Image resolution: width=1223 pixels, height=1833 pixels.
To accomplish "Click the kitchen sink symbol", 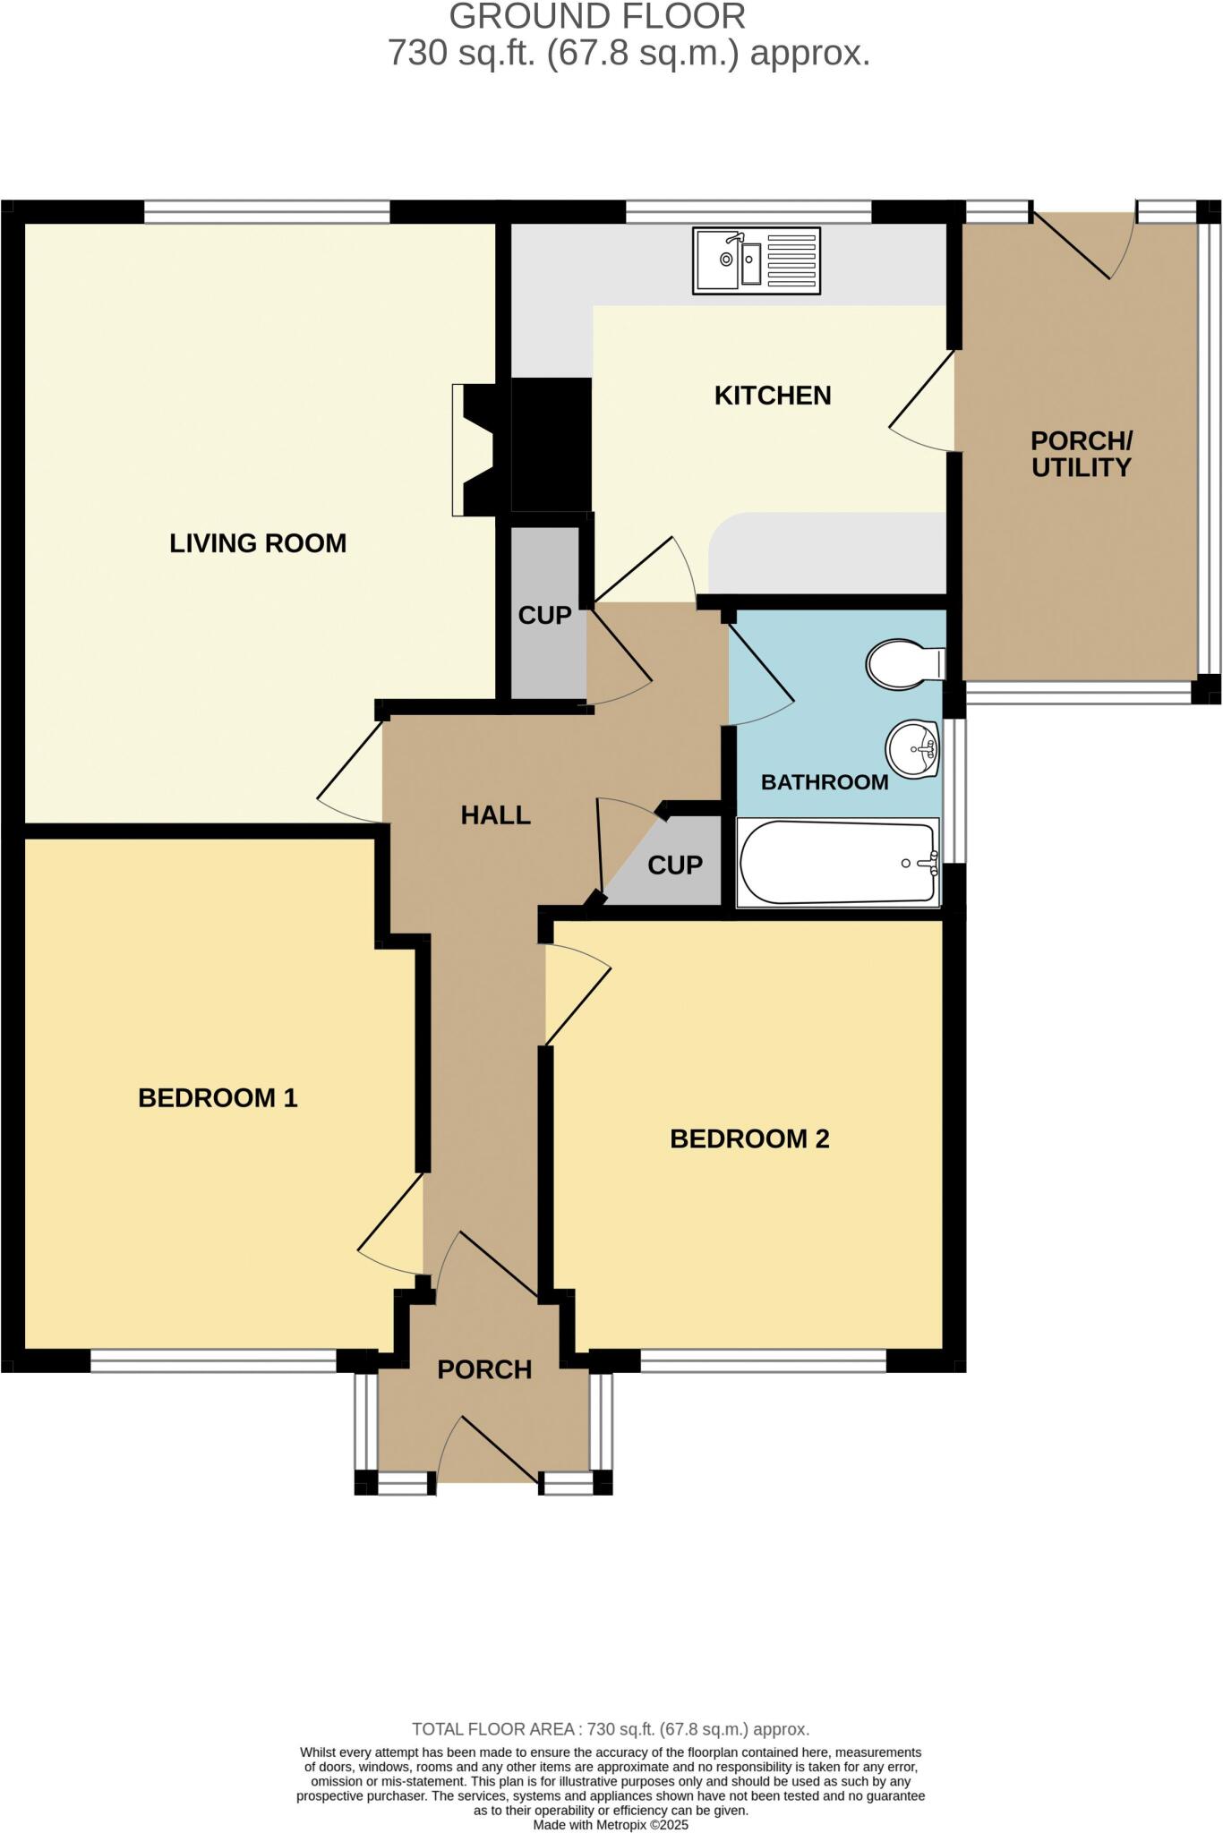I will pyautogui.click(x=756, y=260).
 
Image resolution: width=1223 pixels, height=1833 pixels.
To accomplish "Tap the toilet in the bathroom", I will pyautogui.click(x=904, y=663).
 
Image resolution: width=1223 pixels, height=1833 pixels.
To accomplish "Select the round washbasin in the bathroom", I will pyautogui.click(x=911, y=749).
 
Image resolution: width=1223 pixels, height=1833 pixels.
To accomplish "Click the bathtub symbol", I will pyautogui.click(x=837, y=863).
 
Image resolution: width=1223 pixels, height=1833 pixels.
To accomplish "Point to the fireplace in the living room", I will pyautogui.click(x=475, y=449).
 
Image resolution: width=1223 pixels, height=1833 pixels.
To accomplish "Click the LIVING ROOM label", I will pyautogui.click(x=258, y=543).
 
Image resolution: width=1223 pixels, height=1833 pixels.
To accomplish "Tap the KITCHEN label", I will pyautogui.click(x=772, y=396).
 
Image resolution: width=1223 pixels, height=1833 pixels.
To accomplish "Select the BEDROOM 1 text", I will pyautogui.click(x=218, y=1098).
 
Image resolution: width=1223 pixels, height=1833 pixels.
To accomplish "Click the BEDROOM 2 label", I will pyautogui.click(x=749, y=1139).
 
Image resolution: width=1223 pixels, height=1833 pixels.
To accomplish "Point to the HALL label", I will pyautogui.click(x=495, y=815).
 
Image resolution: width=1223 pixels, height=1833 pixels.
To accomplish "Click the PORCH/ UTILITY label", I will pyautogui.click(x=1081, y=454).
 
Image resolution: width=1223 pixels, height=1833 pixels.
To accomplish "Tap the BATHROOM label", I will pyautogui.click(x=824, y=782).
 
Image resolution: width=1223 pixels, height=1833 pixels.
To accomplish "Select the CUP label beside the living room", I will pyautogui.click(x=544, y=616).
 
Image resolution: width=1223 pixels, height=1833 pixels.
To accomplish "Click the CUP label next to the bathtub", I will pyautogui.click(x=674, y=865).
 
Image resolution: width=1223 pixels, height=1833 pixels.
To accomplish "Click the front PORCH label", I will pyautogui.click(x=484, y=1369).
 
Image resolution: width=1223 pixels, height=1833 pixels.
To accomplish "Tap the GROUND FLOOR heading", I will pyautogui.click(x=597, y=17).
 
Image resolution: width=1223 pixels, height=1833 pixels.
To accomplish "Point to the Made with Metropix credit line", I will pyautogui.click(x=611, y=1824).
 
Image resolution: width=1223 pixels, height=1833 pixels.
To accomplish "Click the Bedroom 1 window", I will pyautogui.click(x=213, y=1361).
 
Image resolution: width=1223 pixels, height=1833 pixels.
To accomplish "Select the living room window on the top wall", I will pyautogui.click(x=266, y=211).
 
